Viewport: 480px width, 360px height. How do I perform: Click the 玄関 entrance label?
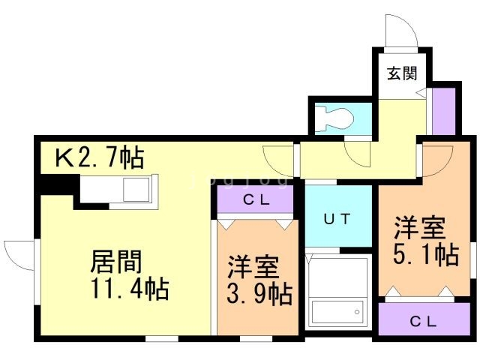tap(402, 73)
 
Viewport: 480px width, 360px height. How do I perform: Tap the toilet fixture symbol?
tap(335, 118)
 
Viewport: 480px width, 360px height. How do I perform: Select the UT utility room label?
tap(337, 219)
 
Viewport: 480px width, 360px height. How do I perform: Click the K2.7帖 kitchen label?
tap(100, 157)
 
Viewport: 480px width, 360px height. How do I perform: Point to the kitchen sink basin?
tap(136, 190)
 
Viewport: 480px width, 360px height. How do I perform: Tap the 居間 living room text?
tap(116, 262)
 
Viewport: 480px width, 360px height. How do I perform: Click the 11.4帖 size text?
tap(130, 288)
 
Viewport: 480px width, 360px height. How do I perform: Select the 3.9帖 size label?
tap(259, 293)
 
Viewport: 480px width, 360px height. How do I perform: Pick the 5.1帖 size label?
tap(426, 253)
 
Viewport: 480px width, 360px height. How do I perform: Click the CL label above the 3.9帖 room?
tap(256, 200)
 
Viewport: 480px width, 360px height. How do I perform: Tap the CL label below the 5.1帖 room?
tap(423, 321)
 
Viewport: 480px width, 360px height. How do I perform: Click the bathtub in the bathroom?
tap(337, 312)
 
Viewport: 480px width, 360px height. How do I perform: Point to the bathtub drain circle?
tap(357, 312)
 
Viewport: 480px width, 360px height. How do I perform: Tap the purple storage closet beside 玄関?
tap(443, 111)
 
